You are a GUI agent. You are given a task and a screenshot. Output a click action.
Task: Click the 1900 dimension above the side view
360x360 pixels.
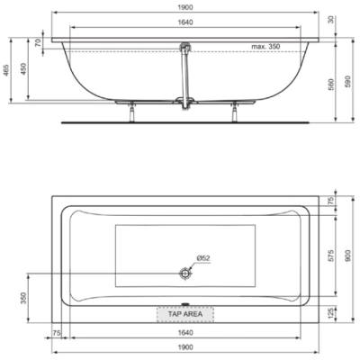tap(185, 7)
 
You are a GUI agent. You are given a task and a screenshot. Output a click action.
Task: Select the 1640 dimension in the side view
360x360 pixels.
tap(185, 22)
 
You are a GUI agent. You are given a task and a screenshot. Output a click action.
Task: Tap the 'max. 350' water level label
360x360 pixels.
tap(265, 47)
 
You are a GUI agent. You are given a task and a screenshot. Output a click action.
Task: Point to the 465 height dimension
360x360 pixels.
tap(6, 70)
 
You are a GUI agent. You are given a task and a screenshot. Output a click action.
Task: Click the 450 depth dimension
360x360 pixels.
tap(23, 69)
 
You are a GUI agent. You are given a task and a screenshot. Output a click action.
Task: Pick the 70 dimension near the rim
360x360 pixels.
tap(38, 43)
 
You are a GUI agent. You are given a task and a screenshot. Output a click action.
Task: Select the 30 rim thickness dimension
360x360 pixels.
tap(331, 20)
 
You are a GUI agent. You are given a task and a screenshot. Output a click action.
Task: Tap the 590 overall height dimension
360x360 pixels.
tap(348, 82)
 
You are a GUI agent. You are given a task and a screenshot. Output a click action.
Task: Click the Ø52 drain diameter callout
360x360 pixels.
tap(203, 258)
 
